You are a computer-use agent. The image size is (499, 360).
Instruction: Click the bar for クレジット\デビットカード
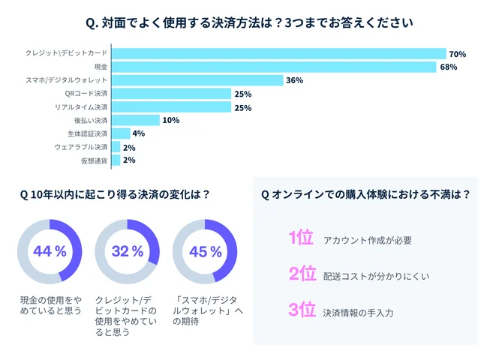(x=279, y=53)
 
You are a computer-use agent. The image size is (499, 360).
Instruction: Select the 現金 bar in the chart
(x=274, y=67)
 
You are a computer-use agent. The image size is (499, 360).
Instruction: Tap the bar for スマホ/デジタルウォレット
(x=197, y=80)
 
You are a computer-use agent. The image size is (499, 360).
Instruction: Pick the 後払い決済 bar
(x=136, y=120)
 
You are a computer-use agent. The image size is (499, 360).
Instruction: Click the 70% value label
(x=458, y=54)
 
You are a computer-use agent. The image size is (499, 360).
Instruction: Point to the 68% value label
(x=448, y=67)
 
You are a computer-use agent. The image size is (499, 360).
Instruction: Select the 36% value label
(x=294, y=81)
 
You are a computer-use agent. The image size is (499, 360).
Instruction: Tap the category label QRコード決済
(x=87, y=94)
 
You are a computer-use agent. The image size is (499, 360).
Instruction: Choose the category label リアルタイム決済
(x=82, y=107)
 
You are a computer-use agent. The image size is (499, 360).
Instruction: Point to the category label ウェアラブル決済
(x=82, y=147)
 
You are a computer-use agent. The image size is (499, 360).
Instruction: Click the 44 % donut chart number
(x=50, y=251)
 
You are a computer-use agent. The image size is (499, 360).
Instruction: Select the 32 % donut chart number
(x=127, y=251)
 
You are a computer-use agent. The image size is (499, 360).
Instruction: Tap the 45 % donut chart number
(x=205, y=251)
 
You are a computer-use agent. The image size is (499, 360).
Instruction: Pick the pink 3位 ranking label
(x=302, y=310)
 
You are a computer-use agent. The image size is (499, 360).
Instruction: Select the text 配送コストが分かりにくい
(x=376, y=276)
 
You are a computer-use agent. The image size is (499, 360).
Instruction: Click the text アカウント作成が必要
(x=368, y=241)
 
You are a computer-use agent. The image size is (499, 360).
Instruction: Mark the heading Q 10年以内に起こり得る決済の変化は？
(x=115, y=193)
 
